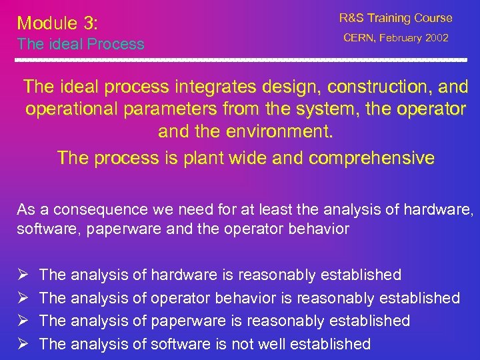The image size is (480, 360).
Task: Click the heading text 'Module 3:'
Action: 57,23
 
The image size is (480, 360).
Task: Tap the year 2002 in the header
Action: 435,39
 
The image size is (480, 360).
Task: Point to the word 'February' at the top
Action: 401,39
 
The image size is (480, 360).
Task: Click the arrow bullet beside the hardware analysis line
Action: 22,275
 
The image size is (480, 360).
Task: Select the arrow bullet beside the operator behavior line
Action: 22,298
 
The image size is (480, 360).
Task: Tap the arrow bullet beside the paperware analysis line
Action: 22,321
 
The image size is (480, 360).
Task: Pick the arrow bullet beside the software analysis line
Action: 22,344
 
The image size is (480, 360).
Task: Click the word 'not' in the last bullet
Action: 237,344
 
